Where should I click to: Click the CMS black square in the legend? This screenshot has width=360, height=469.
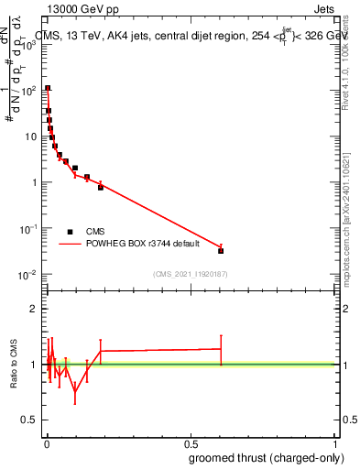(x=71, y=232)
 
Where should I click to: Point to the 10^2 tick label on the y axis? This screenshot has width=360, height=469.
(x=30, y=91)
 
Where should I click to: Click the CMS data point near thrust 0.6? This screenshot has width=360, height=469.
(x=221, y=250)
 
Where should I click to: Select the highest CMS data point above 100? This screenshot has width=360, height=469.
(x=48, y=88)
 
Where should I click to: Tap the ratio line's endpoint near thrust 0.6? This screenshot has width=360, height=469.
(x=221, y=348)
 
